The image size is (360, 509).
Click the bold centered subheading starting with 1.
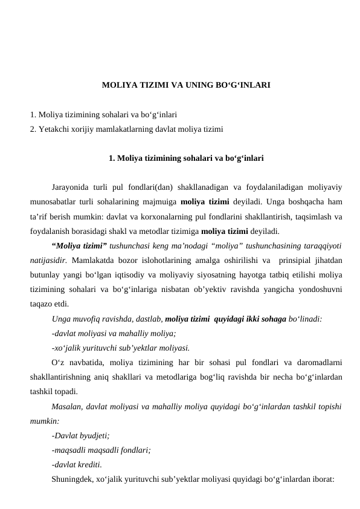tap(185, 159)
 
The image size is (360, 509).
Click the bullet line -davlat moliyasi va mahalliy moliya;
tap(114, 333)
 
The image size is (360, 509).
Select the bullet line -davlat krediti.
tap(77, 464)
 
